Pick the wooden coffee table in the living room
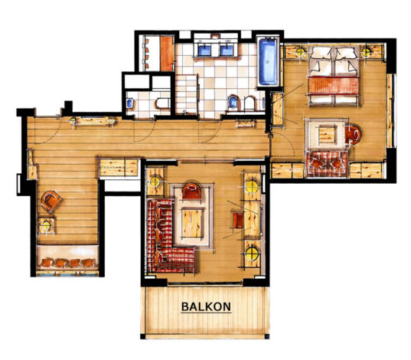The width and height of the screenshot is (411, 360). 192,223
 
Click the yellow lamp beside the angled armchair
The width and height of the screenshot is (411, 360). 47,224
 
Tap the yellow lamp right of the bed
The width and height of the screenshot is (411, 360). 370,52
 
